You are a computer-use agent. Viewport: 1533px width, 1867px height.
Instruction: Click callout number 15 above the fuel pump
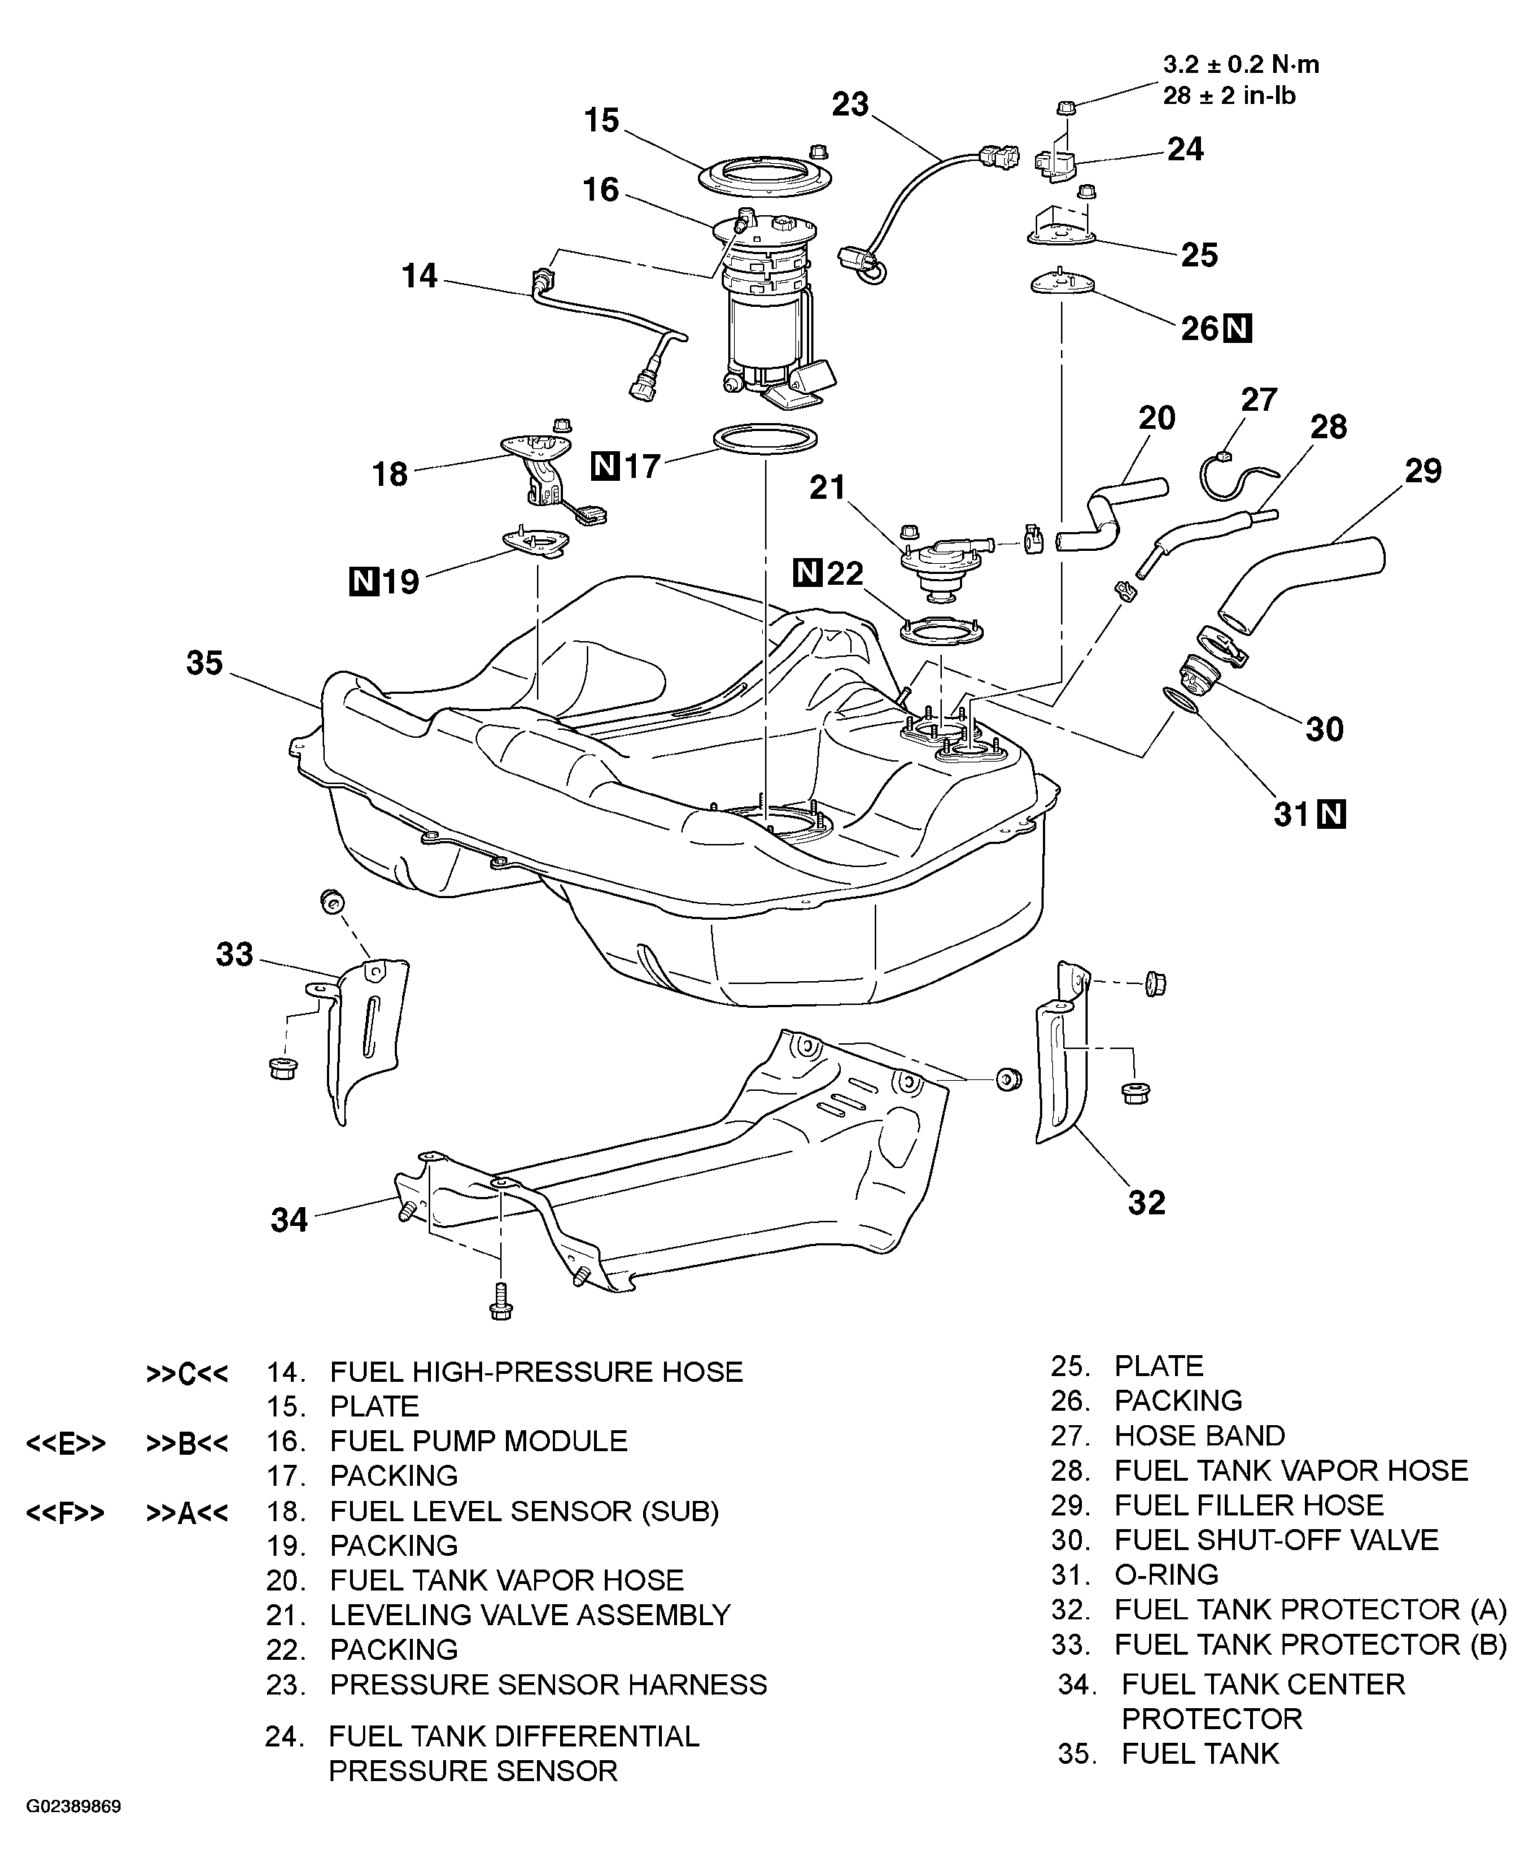pos(602,120)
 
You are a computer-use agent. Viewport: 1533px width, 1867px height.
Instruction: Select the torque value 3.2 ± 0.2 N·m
pos(1241,64)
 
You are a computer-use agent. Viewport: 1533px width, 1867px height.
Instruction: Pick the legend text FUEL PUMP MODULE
pos(479,1440)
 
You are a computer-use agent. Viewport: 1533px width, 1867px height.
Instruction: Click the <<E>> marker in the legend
pos(66,1443)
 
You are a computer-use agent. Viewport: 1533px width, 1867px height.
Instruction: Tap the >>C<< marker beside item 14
pos(187,1374)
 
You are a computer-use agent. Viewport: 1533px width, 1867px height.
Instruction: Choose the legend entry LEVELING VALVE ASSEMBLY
pos(530,1614)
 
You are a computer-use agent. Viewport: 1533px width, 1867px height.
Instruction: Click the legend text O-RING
pos(1166,1574)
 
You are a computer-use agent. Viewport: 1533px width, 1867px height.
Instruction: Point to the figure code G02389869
pos(74,1806)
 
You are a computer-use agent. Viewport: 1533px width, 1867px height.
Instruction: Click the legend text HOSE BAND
pos(1200,1435)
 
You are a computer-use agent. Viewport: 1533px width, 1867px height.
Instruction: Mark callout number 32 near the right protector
pos(1146,1202)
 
